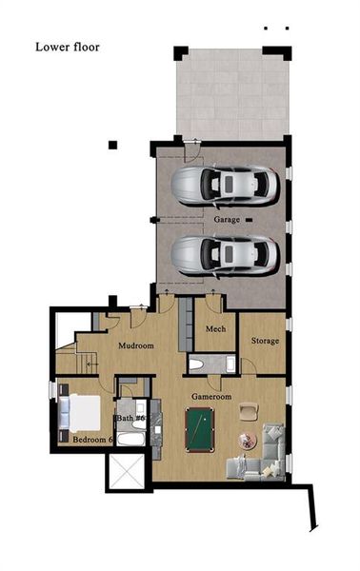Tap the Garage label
click(x=227, y=220)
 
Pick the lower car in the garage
click(x=225, y=252)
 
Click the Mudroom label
click(x=135, y=346)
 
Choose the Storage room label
click(x=265, y=340)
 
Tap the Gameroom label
click(x=211, y=394)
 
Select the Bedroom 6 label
click(x=93, y=440)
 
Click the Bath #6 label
click(x=130, y=418)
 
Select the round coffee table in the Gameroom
click(x=248, y=440)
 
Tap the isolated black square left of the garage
click(x=113, y=145)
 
